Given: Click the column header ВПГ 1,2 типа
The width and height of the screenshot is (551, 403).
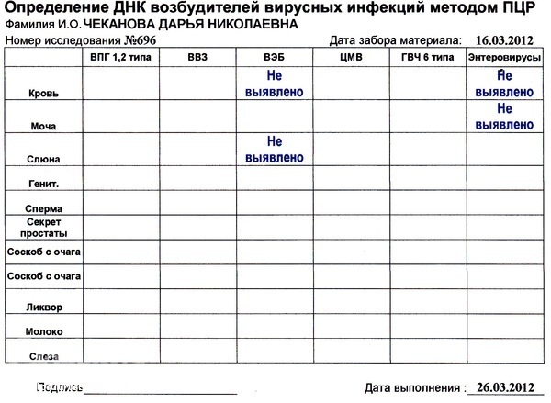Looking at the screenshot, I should pos(120,58).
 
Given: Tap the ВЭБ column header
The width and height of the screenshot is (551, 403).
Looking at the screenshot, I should pos(273,58).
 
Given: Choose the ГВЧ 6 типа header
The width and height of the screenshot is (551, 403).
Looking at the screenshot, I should pos(427,58).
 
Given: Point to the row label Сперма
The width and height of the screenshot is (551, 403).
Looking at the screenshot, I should pos(44,208).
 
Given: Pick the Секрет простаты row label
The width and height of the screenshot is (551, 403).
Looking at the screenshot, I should pos(44,229).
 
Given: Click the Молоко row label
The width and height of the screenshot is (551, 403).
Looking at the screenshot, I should pos(44,330).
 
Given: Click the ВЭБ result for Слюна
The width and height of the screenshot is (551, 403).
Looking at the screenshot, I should pos(273,150).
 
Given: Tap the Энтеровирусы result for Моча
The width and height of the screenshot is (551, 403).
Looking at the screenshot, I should pos(501,117).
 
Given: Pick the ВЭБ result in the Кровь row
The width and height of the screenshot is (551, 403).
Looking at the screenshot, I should pos(273,84).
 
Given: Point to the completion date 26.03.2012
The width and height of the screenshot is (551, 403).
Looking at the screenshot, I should pos(501,386).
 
